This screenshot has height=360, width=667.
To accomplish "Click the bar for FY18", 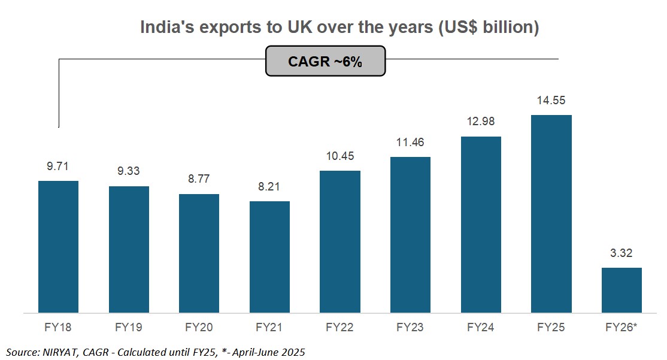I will (x=58, y=246).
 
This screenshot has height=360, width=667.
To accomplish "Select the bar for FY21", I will (x=269, y=256).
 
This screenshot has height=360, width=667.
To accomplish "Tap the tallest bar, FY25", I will (x=551, y=213).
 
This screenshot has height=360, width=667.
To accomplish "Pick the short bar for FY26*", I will (x=621, y=290).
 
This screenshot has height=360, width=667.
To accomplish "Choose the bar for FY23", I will (x=410, y=234).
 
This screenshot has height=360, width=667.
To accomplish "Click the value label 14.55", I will (x=551, y=101).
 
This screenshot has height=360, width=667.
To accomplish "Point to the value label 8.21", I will (x=269, y=187).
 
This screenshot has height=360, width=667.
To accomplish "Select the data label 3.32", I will (x=621, y=253).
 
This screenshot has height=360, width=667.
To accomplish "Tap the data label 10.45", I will (x=340, y=156).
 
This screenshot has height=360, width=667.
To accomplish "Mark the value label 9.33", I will (x=129, y=172).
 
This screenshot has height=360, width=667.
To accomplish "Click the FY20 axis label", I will (x=199, y=328).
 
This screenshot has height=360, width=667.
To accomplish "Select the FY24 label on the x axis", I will (x=481, y=328).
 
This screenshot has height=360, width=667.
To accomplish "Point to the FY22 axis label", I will (x=340, y=328).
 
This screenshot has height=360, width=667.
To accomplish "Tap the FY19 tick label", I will (x=129, y=328).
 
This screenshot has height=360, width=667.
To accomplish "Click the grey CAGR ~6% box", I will (x=325, y=62).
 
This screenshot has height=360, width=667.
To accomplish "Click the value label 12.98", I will (x=481, y=122).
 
